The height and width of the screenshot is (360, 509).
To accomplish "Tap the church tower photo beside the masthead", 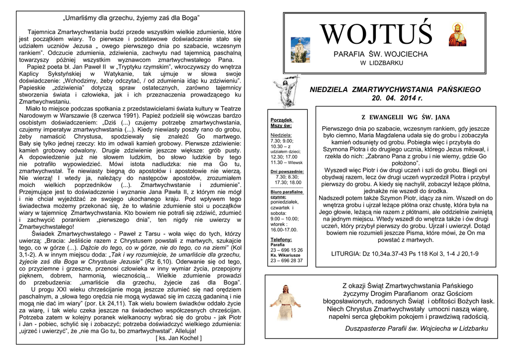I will coord(300,50).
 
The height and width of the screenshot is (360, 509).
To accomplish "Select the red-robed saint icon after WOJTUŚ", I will coord(457,35).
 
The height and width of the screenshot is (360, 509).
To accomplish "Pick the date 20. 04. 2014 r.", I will coord(396,98).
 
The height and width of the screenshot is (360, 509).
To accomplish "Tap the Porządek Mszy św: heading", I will coord(281,123).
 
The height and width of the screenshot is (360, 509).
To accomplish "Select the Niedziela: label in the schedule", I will coord(281,135).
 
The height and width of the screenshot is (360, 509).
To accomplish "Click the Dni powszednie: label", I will coord(287,172).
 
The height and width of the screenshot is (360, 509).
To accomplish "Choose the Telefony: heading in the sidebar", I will coord(281,239).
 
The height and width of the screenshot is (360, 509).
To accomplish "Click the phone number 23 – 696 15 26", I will coord(286,250).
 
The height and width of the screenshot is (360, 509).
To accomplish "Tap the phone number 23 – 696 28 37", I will coord(286,260).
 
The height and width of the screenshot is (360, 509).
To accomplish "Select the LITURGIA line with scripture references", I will coord(405,254).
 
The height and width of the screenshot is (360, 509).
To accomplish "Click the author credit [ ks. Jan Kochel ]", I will coord(178,338).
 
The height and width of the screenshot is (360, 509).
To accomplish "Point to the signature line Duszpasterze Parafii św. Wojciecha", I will coord(417,329).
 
